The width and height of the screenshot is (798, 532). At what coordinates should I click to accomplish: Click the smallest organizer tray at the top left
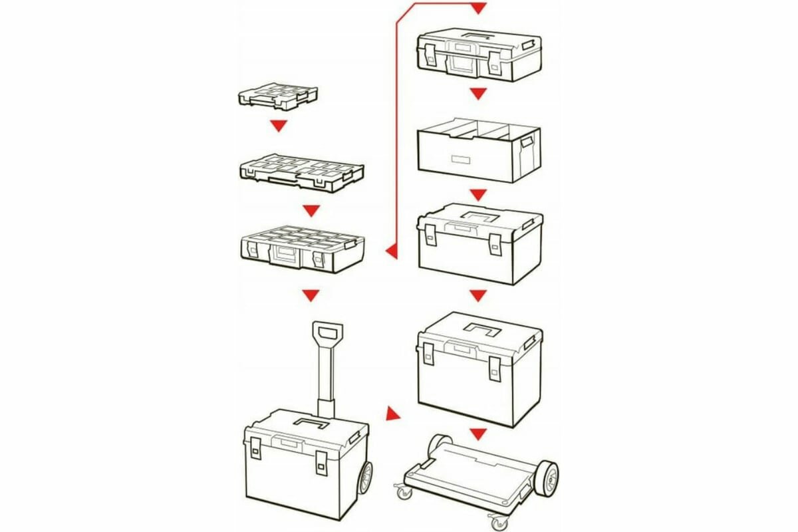(277, 96)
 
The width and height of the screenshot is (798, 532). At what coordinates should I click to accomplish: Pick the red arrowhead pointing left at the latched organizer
(392, 251)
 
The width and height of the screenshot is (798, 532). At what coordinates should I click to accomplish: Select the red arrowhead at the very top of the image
(478, 9)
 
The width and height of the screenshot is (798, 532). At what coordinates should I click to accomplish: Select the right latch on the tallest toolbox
(495, 367)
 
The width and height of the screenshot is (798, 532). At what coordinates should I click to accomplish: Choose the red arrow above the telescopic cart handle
(311, 295)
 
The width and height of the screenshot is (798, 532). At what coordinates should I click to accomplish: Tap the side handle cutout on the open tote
(527, 142)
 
